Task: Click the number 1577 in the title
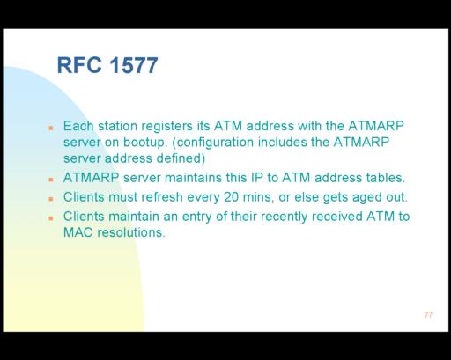134,65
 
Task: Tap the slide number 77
428,315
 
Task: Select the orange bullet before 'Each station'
51,128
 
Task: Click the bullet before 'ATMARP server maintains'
51,180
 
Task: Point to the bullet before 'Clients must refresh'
51,199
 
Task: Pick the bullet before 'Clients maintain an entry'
51,218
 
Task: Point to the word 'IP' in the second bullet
257,178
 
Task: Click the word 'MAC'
78,232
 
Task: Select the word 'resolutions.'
131,232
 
